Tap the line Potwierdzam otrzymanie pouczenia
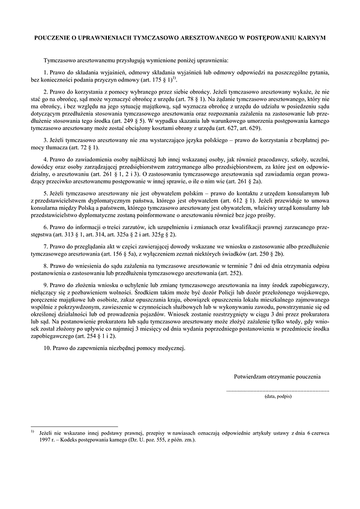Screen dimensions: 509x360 click(x=277, y=377)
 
